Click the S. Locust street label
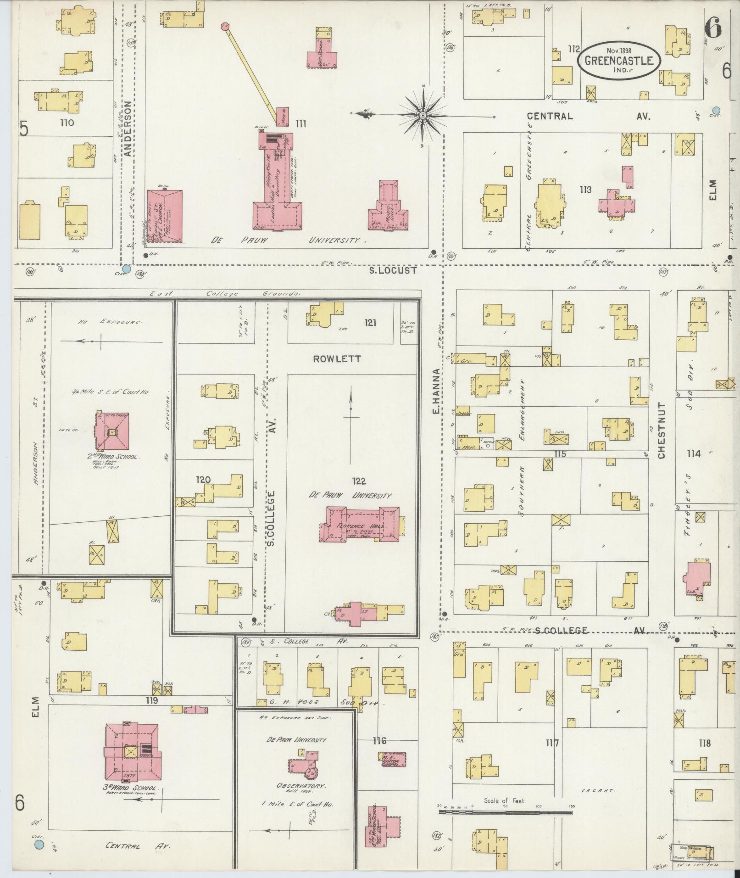[x=394, y=271]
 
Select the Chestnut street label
[x=661, y=431]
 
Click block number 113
[x=585, y=189]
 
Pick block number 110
[x=63, y=123]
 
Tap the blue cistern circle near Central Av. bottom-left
[x=39, y=844]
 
